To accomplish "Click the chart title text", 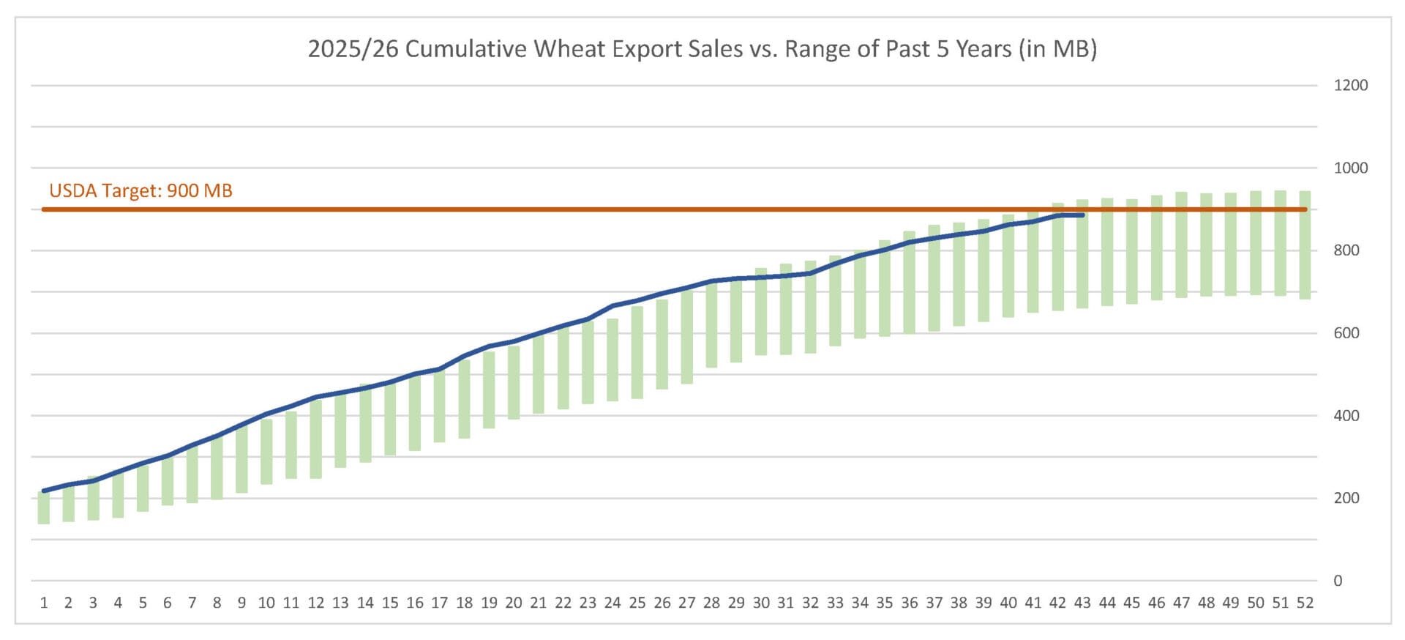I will (702, 49).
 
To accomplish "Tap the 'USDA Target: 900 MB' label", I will (140, 191).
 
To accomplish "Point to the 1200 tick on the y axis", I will (1350, 86).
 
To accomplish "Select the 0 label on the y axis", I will (1338, 581).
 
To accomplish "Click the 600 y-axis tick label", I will (1346, 333).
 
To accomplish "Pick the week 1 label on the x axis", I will (44, 603).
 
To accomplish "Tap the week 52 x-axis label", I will (1305, 603).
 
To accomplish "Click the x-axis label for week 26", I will (662, 603).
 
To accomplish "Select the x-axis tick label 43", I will (1082, 603).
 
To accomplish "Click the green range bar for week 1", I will (44, 508).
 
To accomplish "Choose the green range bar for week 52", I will (1305, 245).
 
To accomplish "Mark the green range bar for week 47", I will (1181, 245).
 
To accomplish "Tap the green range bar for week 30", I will (761, 312).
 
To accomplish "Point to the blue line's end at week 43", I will (1082, 215).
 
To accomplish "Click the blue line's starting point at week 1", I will (44, 491).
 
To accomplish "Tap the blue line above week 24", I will (612, 306).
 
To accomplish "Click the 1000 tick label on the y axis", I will (1350, 168).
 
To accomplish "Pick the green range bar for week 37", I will (934, 278).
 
